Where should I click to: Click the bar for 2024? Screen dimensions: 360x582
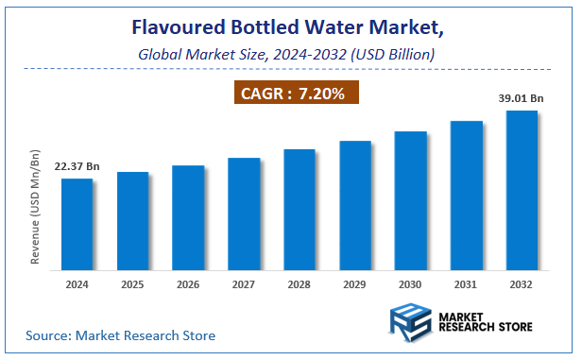click(77, 225)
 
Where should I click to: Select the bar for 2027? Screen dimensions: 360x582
click(244, 214)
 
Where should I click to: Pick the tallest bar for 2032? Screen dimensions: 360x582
click(522, 191)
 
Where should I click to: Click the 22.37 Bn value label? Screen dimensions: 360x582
click(77, 167)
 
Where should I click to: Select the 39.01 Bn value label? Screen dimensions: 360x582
click(522, 98)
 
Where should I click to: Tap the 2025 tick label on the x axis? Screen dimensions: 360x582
click(133, 283)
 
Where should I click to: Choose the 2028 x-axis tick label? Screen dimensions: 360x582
click(300, 283)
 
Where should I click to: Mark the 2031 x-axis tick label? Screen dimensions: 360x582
click(467, 283)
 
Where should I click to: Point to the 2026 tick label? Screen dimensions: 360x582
click(188, 283)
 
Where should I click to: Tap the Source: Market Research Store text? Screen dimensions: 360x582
click(120, 334)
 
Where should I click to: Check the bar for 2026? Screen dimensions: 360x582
click(188, 218)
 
